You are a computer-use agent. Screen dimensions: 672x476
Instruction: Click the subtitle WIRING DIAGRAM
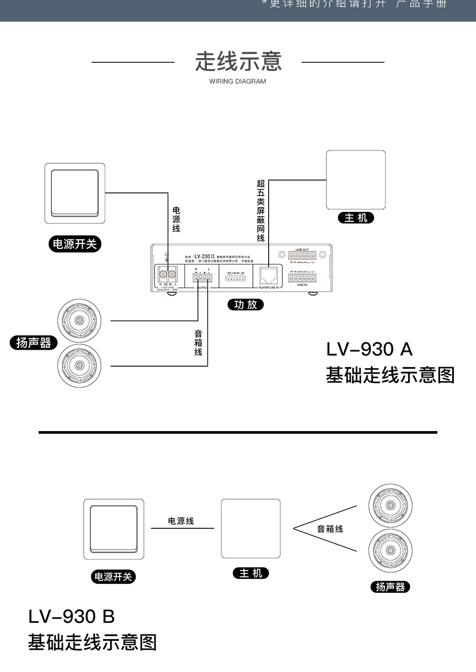click(237, 81)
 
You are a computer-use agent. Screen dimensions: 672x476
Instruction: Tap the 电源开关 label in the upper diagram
click(75, 244)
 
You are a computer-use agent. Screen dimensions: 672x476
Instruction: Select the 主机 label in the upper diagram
click(356, 218)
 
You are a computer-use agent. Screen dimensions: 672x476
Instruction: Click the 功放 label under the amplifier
click(245, 304)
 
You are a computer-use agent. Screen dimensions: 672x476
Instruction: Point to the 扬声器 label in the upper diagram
click(33, 343)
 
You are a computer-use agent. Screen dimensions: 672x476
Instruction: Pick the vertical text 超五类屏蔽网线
click(260, 210)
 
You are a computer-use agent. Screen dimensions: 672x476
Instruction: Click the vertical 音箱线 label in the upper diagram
click(198, 343)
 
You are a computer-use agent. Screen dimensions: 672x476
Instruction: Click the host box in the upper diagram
click(355, 180)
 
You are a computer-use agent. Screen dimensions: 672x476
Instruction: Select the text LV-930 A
click(369, 349)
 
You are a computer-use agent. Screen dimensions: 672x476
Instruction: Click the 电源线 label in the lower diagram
click(181, 521)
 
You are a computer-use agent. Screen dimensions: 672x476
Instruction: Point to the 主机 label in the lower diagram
click(251, 573)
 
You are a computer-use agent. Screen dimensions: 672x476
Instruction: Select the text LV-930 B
click(71, 616)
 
